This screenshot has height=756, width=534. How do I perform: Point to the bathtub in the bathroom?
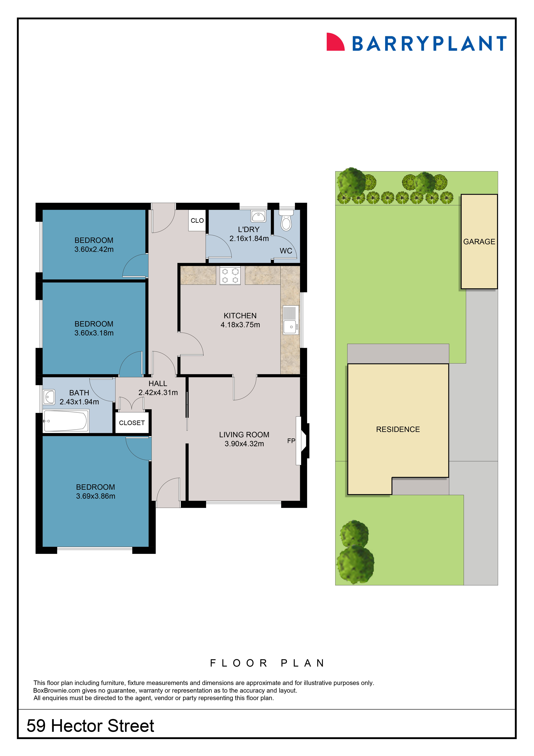click(66, 421)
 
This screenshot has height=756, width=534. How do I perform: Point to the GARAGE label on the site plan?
click(479, 242)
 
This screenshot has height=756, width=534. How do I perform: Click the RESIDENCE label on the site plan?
click(398, 429)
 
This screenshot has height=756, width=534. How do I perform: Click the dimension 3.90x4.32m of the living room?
click(244, 444)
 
